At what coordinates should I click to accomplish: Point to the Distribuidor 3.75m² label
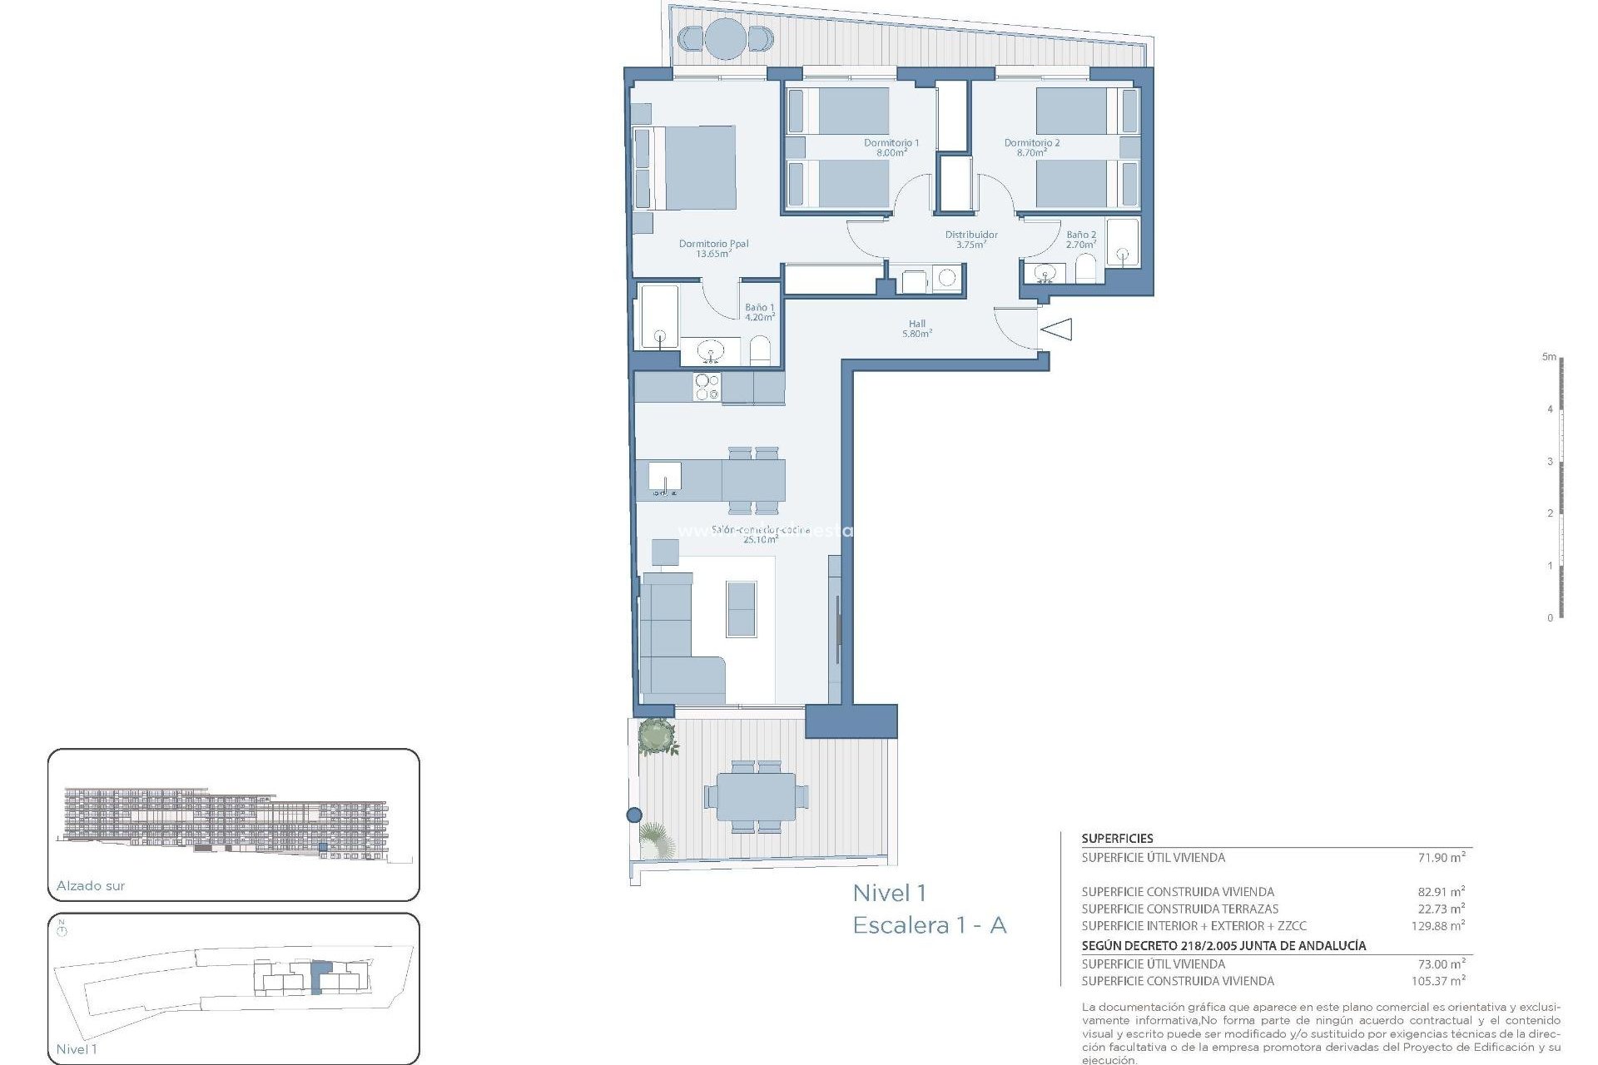[970, 240]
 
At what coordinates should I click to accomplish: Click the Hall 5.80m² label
[916, 329]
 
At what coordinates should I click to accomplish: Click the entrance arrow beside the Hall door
[1057, 329]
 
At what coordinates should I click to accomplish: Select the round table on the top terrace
[726, 38]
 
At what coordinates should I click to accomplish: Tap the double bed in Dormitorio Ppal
[695, 167]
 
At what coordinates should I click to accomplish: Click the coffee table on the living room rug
[741, 609]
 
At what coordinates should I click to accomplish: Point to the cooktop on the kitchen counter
[707, 387]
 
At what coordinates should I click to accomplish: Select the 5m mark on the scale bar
[1548, 357]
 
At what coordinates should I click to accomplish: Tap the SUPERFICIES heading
[1117, 839]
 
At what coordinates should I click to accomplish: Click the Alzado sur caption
[91, 886]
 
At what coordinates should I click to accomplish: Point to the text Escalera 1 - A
[929, 925]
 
